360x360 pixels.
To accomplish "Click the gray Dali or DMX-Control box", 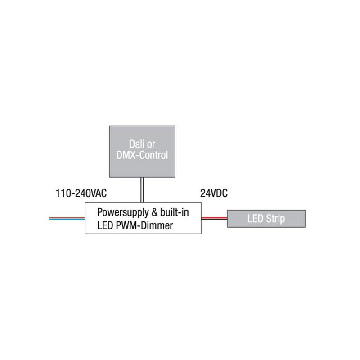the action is click(x=142, y=152).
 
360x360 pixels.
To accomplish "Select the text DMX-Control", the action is click(x=142, y=155).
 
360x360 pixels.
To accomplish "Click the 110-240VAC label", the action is click(x=81, y=193).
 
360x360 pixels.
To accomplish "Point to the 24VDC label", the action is click(x=214, y=193).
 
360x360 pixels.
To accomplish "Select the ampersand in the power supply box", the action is click(x=154, y=212).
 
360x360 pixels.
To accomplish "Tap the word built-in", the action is click(x=175, y=212).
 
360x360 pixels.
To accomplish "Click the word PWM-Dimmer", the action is click(x=144, y=225).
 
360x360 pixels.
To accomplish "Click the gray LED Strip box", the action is click(x=266, y=219).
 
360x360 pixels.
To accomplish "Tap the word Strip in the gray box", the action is click(x=275, y=219).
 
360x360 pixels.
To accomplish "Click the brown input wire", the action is click(x=67, y=217).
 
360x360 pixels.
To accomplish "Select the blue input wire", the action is click(x=67, y=219).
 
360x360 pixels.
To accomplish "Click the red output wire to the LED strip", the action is click(x=214, y=217).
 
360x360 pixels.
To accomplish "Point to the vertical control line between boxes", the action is click(x=142, y=190).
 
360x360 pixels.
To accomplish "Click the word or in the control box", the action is click(x=151, y=144).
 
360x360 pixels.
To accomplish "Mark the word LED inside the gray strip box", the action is click(x=256, y=219).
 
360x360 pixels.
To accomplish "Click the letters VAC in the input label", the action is click(x=98, y=193).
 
